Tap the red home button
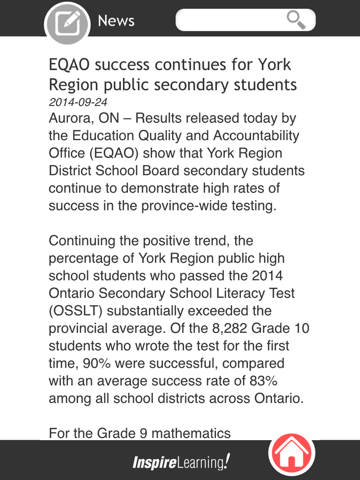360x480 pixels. pos(292,453)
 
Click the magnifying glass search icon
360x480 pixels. pos(296,20)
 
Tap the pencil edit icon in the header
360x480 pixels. pos(67,23)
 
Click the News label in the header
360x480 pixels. pos(116,21)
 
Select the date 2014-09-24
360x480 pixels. pos(78,102)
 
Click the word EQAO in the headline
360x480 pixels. pos(70,64)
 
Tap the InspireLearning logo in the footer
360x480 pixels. pos(181,463)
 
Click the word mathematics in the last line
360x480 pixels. pos(191,433)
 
